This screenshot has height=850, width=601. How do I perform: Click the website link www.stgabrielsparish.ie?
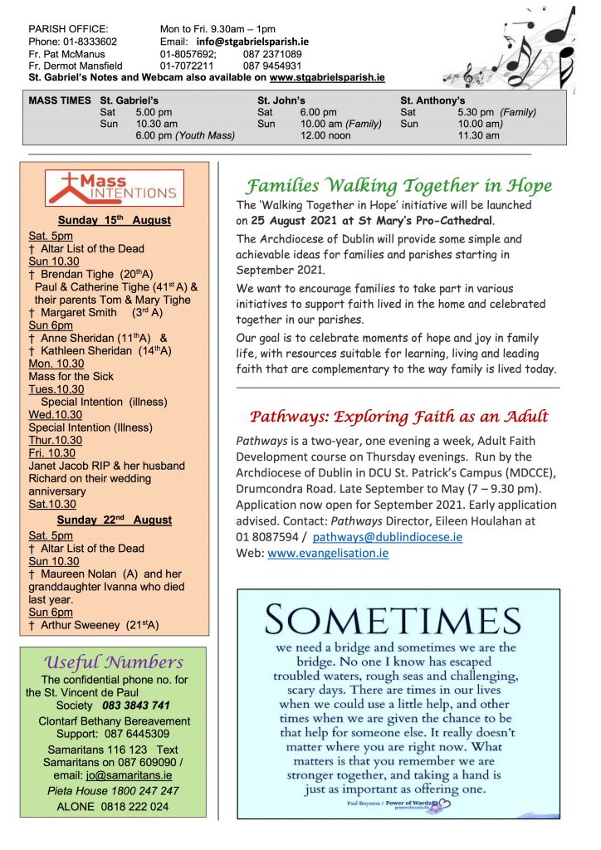tap(327, 77)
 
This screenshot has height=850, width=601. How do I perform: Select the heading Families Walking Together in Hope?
tap(399, 184)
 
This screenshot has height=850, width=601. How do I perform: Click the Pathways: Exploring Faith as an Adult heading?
tap(399, 416)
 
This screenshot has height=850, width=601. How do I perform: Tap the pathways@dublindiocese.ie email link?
tap(388, 537)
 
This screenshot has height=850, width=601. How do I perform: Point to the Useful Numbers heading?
tap(114, 662)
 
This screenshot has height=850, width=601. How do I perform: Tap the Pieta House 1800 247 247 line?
tap(113, 790)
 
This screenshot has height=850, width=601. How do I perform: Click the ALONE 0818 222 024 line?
tap(113, 806)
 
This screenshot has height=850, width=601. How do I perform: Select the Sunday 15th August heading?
tap(115, 220)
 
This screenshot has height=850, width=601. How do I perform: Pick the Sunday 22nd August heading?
tap(115, 520)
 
